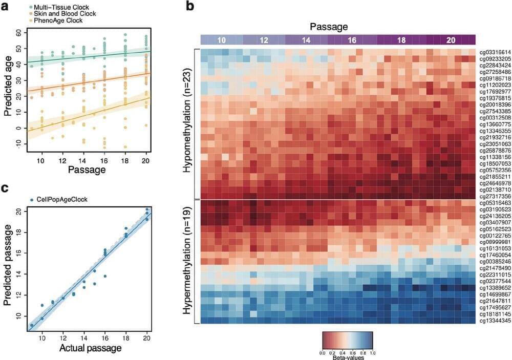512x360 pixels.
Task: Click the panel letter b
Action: [190, 7]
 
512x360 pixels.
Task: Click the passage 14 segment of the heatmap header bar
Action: [306, 39]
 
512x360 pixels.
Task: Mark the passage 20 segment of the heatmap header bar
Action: [451, 39]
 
